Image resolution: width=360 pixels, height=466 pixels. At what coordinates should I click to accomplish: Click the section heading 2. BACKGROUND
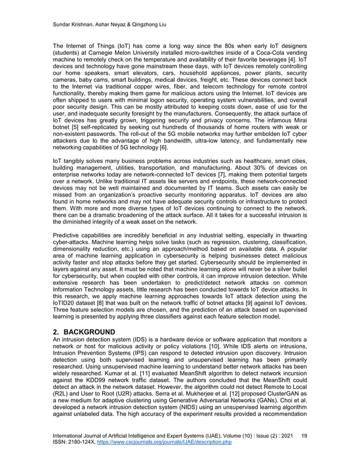(92, 332)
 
